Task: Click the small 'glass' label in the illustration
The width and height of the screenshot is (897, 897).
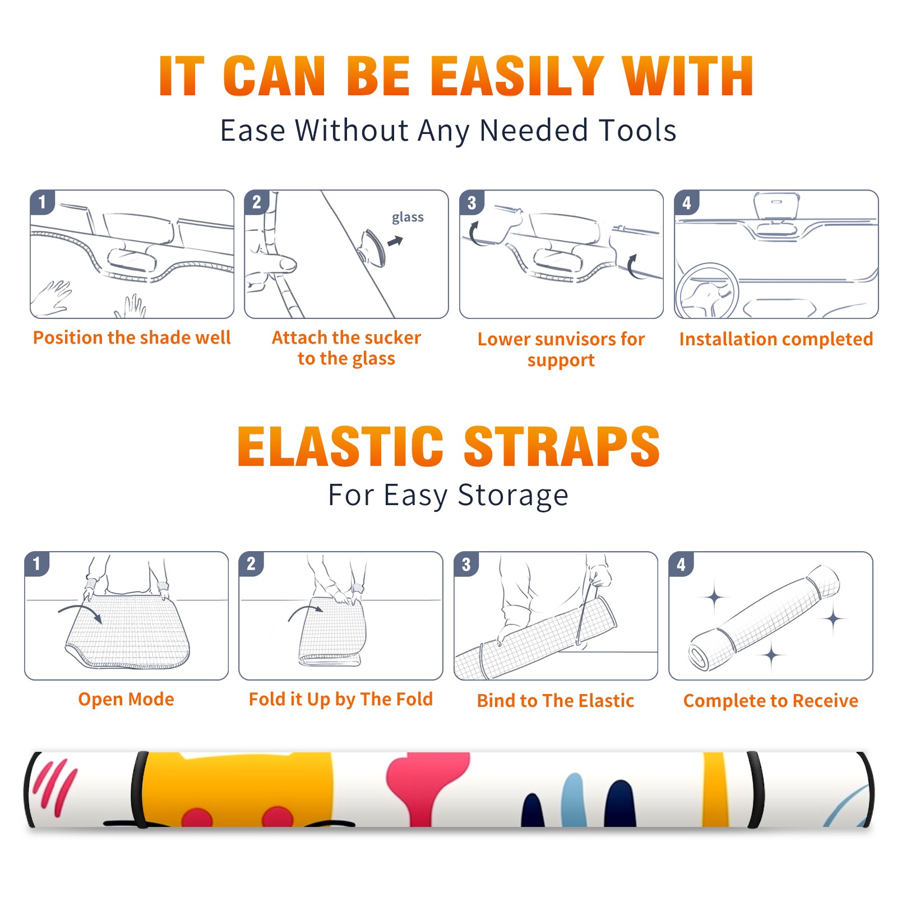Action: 408,218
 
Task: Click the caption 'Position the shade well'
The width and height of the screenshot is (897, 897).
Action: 132,337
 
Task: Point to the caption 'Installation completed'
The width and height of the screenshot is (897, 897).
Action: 776,339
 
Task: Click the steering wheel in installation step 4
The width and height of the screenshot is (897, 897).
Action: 708,292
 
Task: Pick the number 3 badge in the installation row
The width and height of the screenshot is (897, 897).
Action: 471,202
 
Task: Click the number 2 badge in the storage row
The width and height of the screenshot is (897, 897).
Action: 251,563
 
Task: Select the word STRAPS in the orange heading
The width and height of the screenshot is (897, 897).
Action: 562,446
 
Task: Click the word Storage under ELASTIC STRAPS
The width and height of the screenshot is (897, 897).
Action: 513,496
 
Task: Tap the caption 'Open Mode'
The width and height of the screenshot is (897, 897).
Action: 126,700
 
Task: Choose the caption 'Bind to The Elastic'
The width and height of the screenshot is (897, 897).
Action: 556,701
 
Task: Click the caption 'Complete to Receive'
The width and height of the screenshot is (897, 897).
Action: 771,701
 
